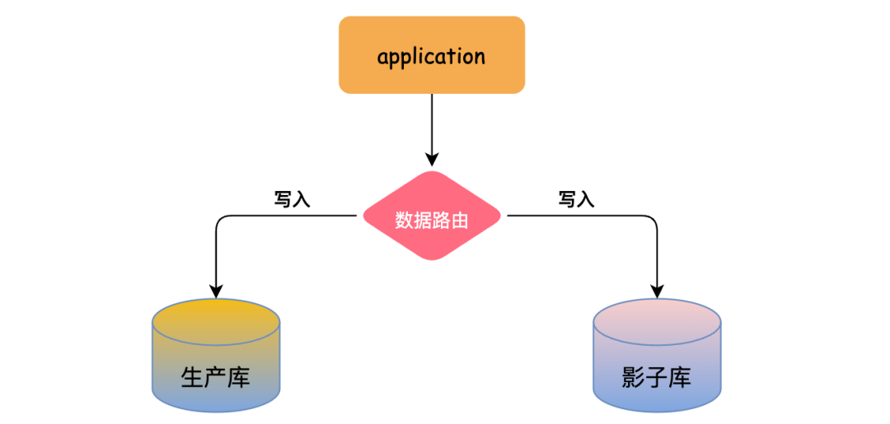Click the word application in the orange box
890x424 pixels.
[431, 56]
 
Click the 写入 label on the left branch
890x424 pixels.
[292, 199]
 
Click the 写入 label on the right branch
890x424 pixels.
[576, 199]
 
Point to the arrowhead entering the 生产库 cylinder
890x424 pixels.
[216, 290]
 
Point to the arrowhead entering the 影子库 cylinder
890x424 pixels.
[657, 290]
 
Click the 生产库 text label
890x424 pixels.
[215, 377]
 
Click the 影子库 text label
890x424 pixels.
[657, 377]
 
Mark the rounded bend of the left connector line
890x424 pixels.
[221, 221]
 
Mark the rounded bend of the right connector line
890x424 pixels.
[652, 221]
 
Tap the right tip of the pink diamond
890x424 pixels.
[499, 217]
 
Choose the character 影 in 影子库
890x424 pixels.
[634, 377]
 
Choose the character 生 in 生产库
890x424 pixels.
[192, 377]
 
